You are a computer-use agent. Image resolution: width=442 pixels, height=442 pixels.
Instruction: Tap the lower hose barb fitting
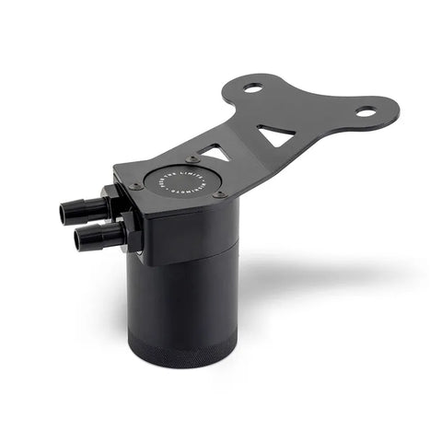(97, 238)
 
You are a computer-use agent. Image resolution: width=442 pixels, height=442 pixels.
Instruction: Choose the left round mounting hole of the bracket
(252, 88)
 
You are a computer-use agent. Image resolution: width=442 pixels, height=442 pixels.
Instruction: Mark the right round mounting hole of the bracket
(366, 111)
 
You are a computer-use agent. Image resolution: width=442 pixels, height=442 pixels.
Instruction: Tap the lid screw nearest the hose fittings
(136, 186)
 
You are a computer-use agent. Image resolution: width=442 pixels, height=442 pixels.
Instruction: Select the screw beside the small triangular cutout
(192, 159)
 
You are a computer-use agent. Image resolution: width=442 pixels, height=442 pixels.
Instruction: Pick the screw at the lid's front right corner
(219, 194)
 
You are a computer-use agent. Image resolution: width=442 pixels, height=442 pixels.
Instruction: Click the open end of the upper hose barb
(65, 215)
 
